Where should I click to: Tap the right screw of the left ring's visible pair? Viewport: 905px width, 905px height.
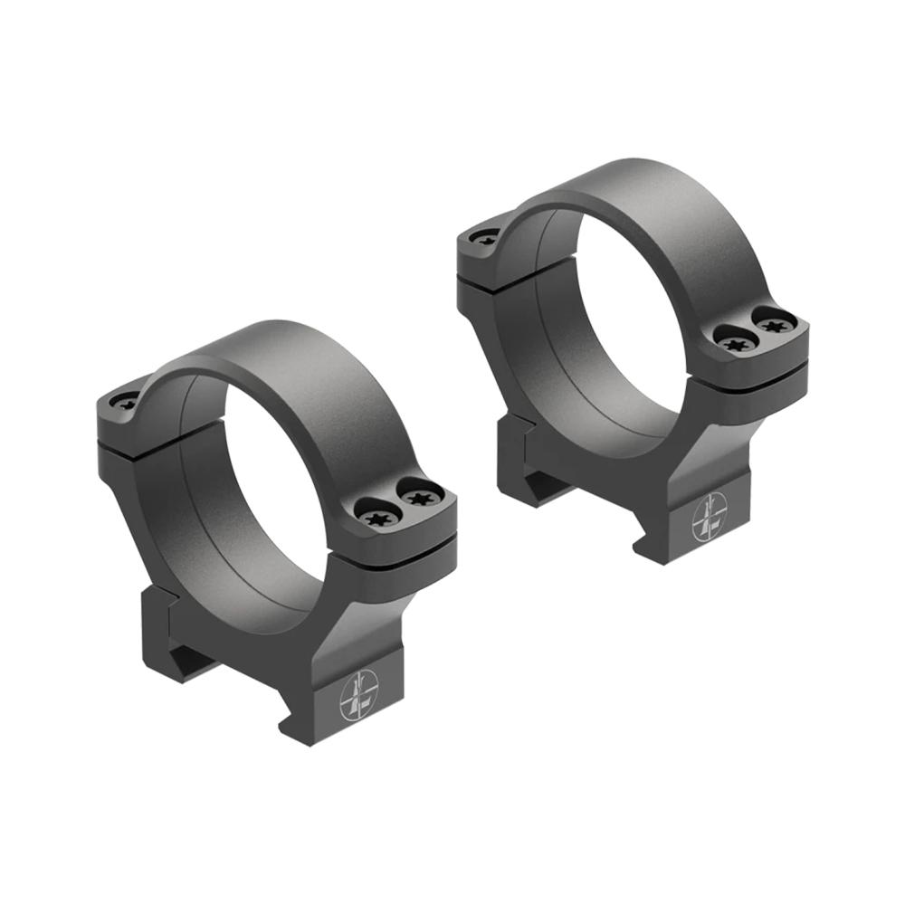point(419,497)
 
